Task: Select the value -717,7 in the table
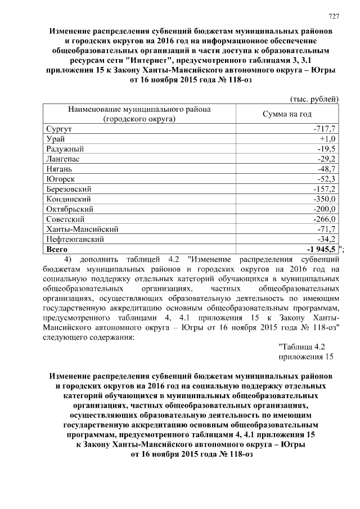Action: pyautogui.click(x=325, y=129)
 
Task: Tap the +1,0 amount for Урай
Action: pyautogui.click(x=327, y=139)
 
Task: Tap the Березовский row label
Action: pyautogui.click(x=69, y=189)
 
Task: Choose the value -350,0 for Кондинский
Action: pyautogui.click(x=325, y=199)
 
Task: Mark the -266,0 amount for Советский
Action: pyautogui.click(x=325, y=219)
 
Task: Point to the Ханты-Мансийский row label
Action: pyautogui.click(x=81, y=229)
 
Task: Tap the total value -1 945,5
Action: pyautogui.click(x=319, y=249)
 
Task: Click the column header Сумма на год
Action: pyautogui.click(x=287, y=114)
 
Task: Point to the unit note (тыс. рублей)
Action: pyautogui.click(x=313, y=99)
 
